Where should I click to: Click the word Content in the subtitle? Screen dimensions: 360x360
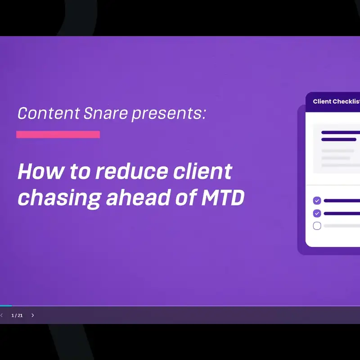(x=49, y=113)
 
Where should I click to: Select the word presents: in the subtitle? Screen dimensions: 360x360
(x=169, y=114)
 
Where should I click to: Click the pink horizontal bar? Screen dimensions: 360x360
(x=58, y=134)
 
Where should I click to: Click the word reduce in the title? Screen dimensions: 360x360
(x=132, y=171)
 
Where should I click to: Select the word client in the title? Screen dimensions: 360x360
(x=203, y=171)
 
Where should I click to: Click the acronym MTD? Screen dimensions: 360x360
(x=223, y=197)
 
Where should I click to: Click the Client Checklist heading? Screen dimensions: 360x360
(x=336, y=102)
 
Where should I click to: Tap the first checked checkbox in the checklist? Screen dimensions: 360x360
(x=317, y=201)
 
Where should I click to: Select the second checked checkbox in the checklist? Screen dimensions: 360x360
(x=317, y=213)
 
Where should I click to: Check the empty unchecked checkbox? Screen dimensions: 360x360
(x=317, y=226)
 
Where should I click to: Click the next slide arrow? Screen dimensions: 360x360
(x=32, y=315)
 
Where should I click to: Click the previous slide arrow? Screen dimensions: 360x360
(x=1, y=315)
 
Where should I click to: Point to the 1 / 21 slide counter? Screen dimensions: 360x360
(x=17, y=315)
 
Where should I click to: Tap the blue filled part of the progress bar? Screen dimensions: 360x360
(x=6, y=306)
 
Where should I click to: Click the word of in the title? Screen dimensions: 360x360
(x=186, y=197)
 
